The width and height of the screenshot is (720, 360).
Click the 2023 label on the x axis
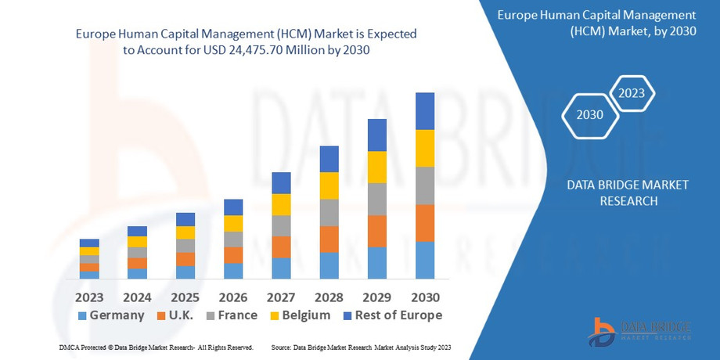[89, 297]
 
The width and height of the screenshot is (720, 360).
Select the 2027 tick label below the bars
[281, 297]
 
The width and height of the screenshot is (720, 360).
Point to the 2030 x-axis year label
[425, 297]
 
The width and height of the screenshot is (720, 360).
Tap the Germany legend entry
[111, 315]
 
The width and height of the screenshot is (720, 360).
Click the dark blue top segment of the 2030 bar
[425, 110]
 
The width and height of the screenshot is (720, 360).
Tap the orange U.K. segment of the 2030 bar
[425, 223]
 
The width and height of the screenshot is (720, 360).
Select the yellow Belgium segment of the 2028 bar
[329, 185]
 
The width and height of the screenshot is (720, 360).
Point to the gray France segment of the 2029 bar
[377, 199]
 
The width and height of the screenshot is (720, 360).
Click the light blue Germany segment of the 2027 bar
[281, 268]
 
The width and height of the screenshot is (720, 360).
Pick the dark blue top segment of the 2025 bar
[185, 219]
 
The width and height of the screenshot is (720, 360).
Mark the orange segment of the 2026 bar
[233, 254]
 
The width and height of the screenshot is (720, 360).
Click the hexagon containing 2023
[631, 93]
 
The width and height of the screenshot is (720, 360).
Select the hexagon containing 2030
[589, 115]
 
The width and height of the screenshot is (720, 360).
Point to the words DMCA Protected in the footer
[82, 347]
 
